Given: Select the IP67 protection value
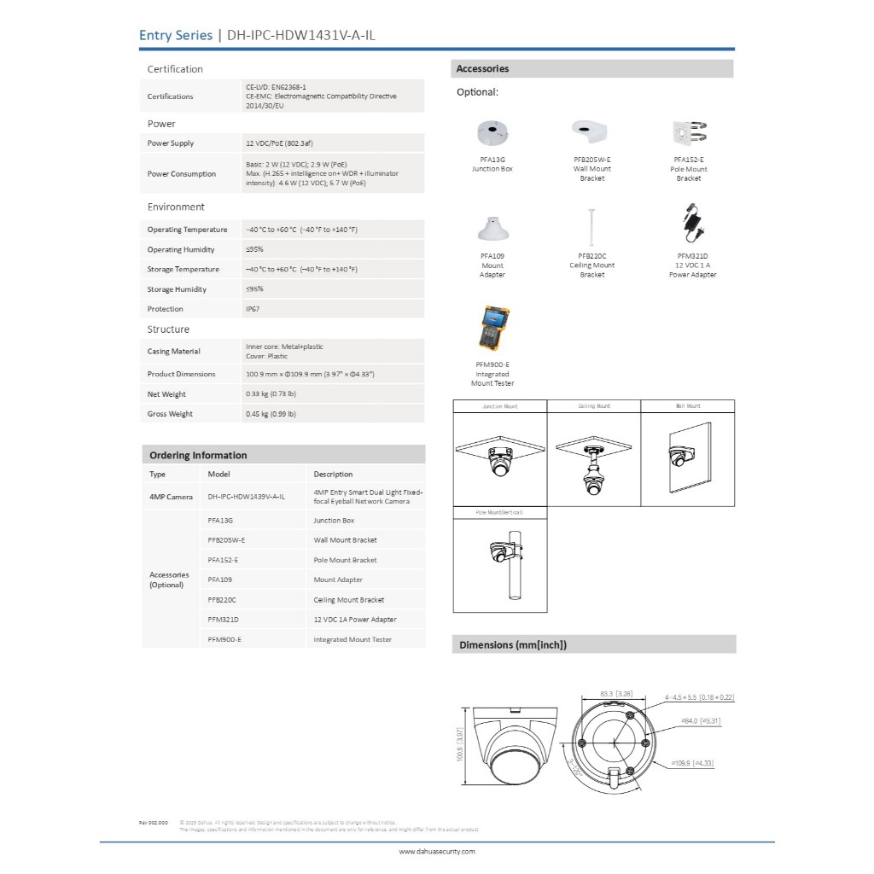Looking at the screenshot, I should pos(253,309).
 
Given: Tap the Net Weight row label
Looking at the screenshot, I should pos(166,394).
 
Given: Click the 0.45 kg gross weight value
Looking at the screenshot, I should pos(271,414).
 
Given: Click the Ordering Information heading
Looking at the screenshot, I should pos(198,456).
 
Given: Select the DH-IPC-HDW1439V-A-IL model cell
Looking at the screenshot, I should pos(247,496).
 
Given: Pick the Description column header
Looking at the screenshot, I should pos(333,475).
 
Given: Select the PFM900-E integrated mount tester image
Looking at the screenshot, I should pos(492,329).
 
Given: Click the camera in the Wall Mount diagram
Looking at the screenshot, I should pos(680,457).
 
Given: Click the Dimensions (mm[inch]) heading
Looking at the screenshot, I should pos(513,645).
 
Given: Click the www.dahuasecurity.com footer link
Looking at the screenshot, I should pos(437,851).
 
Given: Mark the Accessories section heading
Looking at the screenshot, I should pos(482,69).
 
